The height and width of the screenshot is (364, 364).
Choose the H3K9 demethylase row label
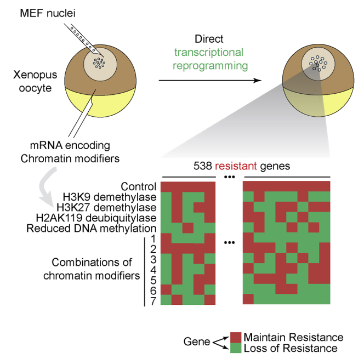pos(116,197)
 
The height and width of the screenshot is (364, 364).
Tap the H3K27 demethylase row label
pos(113,207)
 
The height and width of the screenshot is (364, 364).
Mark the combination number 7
pos(154,300)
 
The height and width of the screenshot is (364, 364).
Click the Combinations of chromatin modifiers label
pos(92,270)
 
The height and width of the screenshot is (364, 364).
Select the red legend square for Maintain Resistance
pos(236,337)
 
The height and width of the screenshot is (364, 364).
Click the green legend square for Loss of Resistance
pos(236,347)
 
